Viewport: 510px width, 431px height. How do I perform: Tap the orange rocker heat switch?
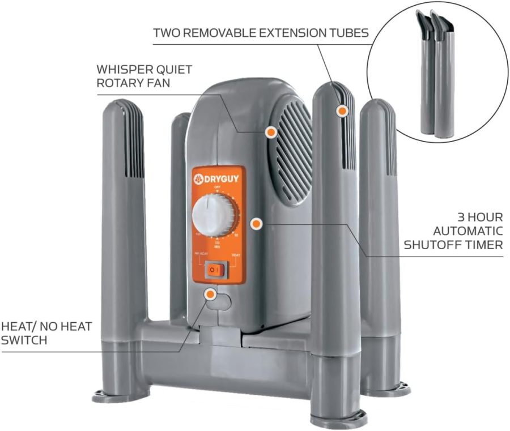(216, 270)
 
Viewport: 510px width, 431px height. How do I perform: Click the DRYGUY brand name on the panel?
(223, 176)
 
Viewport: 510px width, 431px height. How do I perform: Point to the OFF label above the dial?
(216, 186)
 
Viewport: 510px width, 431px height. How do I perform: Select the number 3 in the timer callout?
(462, 217)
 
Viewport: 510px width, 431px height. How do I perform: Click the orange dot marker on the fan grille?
(271, 132)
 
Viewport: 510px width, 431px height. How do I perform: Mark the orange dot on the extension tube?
(341, 111)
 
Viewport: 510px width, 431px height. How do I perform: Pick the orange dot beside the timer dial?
(256, 224)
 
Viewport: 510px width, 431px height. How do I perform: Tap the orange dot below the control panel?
(210, 294)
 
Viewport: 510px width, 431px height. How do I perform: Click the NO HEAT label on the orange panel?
(201, 254)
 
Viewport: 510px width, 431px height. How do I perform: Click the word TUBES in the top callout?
(351, 32)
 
